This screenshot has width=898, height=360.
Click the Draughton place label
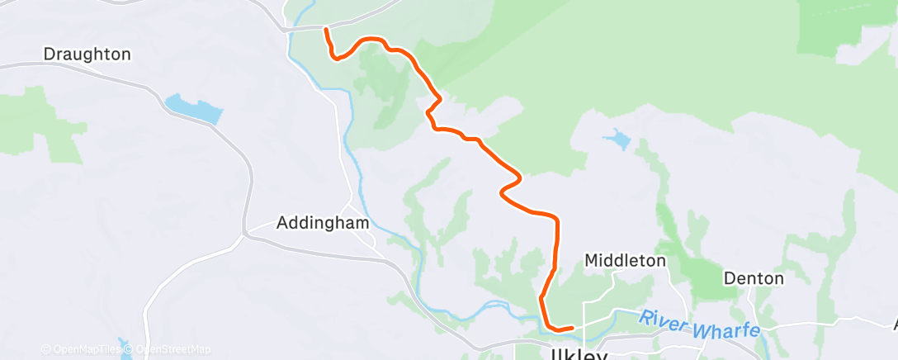tap(87, 54)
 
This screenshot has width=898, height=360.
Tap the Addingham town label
tap(323, 223)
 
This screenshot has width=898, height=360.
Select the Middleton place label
tap(625, 261)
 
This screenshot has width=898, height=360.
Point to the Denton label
tap(754, 278)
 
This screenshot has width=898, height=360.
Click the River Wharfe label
tap(699, 323)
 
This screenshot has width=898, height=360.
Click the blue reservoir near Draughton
tap(195, 108)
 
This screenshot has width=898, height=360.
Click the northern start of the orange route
tap(326, 31)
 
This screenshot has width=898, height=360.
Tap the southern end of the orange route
tap(571, 329)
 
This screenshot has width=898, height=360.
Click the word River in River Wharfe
tap(663, 318)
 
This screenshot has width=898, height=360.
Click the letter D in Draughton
tap(49, 54)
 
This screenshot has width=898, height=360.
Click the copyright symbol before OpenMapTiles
tap(46, 349)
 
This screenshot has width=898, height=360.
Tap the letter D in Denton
tap(729, 278)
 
